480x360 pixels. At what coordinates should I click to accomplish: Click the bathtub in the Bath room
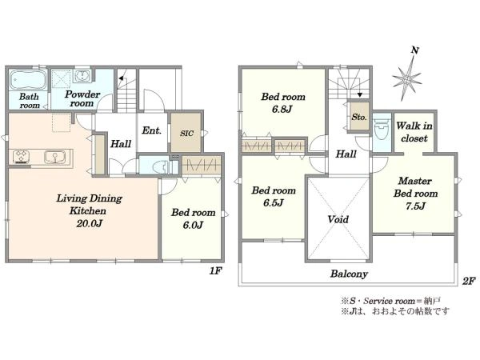28,79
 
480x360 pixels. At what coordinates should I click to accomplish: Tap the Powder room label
82,98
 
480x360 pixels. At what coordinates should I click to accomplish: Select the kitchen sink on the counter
54,157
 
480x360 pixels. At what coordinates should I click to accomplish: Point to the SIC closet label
186,134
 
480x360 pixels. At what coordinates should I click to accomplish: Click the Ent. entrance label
151,130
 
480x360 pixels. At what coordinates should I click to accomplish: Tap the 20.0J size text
89,223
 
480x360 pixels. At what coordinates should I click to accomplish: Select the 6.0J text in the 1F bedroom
193,226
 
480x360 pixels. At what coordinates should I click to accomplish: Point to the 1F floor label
215,270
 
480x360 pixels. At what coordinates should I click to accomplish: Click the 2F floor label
469,281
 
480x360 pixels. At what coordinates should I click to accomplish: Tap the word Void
338,219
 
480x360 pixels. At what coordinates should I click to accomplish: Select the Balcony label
349,274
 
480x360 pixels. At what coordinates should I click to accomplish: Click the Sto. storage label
358,117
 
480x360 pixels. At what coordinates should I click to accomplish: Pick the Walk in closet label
414,132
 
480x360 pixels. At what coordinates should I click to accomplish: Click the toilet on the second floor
382,130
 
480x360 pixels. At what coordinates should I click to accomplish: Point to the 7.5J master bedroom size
415,206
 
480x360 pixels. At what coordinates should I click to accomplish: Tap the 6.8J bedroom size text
282,110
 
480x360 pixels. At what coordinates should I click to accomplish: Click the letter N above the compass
414,50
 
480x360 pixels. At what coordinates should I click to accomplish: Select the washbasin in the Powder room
82,76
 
